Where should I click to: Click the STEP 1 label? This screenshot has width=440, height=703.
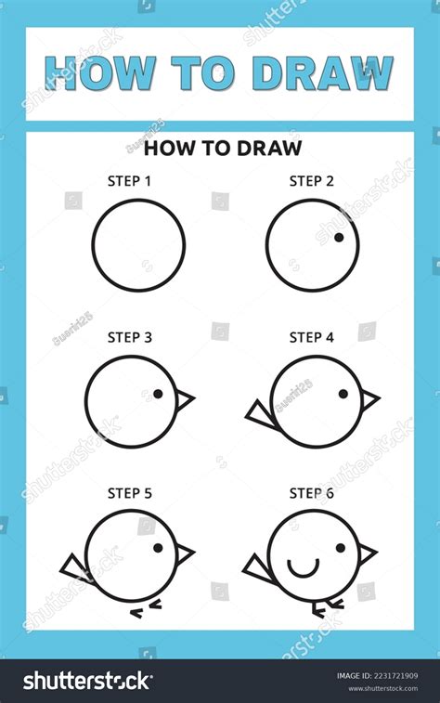129,182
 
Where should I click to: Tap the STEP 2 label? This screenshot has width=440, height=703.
311,182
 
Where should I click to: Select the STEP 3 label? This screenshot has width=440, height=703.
129,338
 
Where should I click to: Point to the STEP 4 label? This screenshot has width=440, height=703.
311,338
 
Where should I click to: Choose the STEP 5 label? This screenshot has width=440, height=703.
129,493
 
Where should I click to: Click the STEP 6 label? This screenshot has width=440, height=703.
311,493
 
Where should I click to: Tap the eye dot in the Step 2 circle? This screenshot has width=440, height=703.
339,238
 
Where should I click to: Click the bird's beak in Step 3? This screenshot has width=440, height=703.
185,399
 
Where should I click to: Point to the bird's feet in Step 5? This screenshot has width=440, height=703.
147,606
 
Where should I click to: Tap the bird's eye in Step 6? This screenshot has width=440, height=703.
340,548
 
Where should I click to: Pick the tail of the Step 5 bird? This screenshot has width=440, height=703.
74,566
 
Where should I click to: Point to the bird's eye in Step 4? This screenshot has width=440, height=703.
343,394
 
